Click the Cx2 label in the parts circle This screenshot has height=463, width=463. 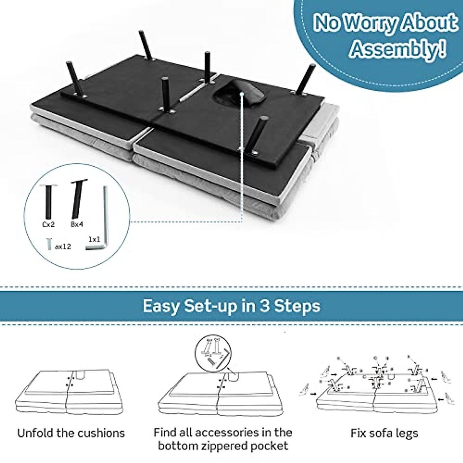coord(48,225)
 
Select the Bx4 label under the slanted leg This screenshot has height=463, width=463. coord(77,225)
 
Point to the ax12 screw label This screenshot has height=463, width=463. coord(63,246)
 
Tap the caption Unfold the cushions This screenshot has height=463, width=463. coord(71,433)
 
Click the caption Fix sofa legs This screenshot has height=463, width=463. coord(384,433)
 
